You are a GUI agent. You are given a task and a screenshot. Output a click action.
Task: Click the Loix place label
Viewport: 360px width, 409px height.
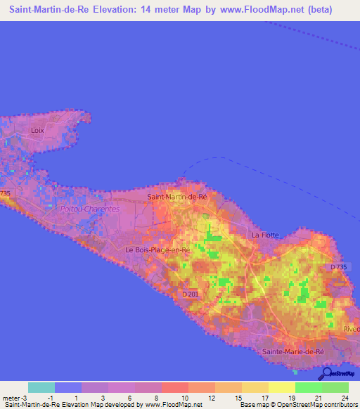click(38, 131)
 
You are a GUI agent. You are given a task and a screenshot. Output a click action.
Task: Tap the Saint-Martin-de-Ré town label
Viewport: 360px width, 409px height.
click(178, 197)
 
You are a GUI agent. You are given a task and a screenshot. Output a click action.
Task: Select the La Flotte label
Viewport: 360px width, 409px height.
click(266, 235)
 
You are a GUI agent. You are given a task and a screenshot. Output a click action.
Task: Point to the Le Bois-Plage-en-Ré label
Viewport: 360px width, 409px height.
click(158, 249)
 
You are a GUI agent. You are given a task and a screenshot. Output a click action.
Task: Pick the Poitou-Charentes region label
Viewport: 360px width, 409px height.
click(91, 209)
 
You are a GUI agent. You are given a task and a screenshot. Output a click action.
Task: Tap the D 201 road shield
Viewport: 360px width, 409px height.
click(190, 294)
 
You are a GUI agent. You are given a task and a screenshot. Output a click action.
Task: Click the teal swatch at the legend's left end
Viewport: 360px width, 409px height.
click(41, 387)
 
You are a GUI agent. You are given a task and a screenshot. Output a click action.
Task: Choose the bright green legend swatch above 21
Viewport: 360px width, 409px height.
click(308, 387)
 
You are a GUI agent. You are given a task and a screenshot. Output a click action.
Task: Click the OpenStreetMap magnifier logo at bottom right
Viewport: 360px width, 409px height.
click(326, 373)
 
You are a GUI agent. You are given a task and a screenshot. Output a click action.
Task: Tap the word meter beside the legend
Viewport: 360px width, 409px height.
click(12, 398)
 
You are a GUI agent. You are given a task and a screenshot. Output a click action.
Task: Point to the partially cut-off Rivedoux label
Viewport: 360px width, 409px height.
click(351, 328)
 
